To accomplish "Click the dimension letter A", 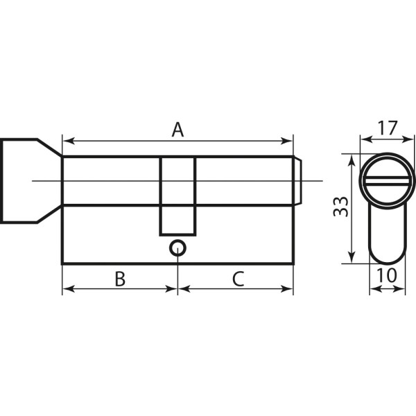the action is (177, 130).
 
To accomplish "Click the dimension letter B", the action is (120, 279).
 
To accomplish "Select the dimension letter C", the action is (238, 279).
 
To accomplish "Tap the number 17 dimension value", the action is (388, 128).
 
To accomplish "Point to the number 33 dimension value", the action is (340, 207).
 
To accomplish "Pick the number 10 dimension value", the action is (387, 275).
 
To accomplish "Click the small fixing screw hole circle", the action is (177, 248).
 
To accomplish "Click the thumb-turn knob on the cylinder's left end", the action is (31, 181).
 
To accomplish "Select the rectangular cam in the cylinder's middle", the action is (177, 196).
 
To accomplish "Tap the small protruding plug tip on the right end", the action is (298, 181).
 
